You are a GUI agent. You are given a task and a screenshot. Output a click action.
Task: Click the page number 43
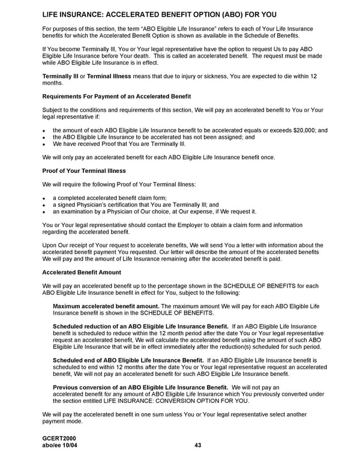coord(198,445)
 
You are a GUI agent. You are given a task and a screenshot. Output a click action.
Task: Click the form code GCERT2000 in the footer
coord(59,438)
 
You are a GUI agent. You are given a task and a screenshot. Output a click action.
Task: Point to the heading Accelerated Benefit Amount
coord(82,272)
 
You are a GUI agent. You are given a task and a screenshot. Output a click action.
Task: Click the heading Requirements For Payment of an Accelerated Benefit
coord(116,97)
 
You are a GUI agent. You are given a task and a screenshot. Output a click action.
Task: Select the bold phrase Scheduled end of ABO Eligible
coord(128,360)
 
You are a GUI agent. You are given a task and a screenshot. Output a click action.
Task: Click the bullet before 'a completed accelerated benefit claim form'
coord(44,198)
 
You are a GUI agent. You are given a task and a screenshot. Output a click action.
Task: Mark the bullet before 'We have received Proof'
coord(44,144)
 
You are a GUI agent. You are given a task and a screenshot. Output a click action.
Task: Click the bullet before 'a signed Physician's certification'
coord(44,205)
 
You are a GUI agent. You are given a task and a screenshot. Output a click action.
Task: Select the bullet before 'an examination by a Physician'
coord(44,211)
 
